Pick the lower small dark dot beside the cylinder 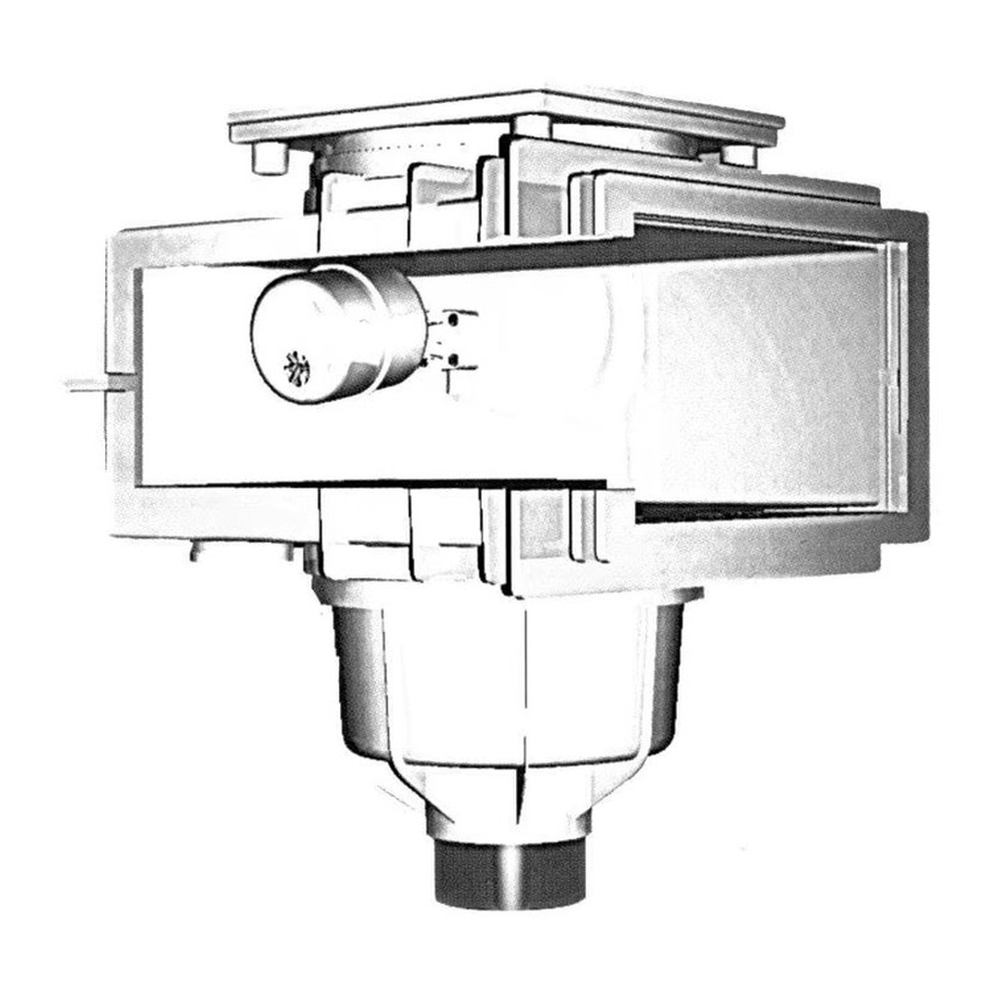452,357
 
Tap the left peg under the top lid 270,159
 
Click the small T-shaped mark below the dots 449,379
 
